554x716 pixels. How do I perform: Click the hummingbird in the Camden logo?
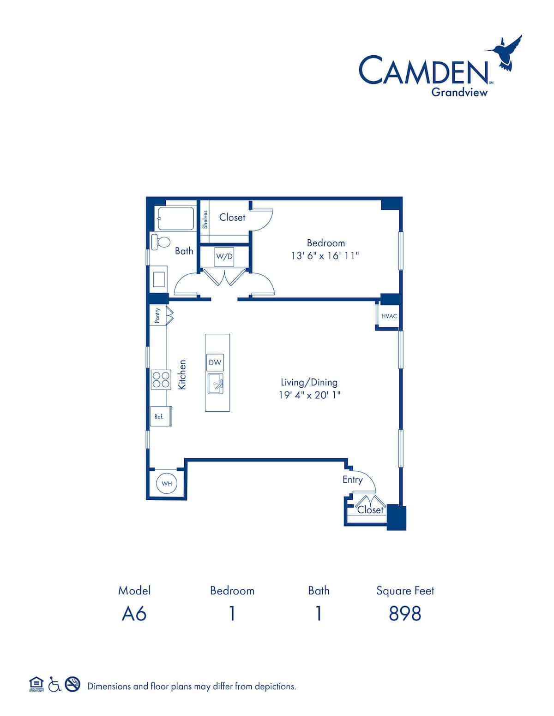506,53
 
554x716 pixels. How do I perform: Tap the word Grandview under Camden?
459,92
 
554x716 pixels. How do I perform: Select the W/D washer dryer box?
224,257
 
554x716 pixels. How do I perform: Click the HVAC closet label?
389,316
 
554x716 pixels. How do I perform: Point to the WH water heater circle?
167,484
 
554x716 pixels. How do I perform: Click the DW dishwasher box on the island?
215,362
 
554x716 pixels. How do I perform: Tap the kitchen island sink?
216,384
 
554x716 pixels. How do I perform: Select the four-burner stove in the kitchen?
161,380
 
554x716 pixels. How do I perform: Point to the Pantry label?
157,316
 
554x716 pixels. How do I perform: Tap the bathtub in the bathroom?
176,219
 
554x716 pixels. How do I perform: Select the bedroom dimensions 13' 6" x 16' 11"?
325,255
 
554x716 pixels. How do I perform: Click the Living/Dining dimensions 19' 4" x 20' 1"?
309,395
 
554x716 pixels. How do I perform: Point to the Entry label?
352,479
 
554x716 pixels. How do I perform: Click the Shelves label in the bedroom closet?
205,219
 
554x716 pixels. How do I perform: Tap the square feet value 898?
405,614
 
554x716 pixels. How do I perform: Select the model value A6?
134,614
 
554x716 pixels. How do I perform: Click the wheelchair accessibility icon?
54,685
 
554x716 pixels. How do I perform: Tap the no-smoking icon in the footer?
72,685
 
